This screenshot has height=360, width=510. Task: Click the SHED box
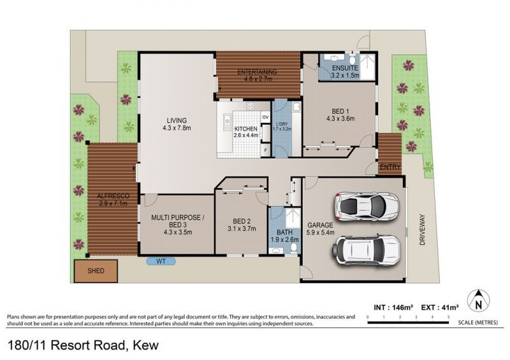pyautogui.click(x=96, y=271)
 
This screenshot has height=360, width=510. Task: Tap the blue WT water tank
pyautogui.click(x=161, y=261)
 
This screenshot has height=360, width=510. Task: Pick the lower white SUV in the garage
pyautogui.click(x=366, y=249)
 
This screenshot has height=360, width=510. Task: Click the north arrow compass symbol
pyautogui.click(x=479, y=301)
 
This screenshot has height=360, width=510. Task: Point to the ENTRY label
pyautogui.click(x=390, y=167)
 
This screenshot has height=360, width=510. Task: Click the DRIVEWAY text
pyautogui.click(x=422, y=229)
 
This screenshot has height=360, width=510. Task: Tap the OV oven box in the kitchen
pyautogui.click(x=265, y=117)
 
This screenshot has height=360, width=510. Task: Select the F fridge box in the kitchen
pyautogui.click(x=266, y=150)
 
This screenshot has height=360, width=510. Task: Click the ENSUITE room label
pyautogui.click(x=345, y=68)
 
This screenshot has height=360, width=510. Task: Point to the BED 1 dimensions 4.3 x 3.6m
pyautogui.click(x=340, y=119)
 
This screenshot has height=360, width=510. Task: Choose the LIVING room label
pyautogui.click(x=177, y=120)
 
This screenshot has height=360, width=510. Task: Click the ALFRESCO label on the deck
pyautogui.click(x=113, y=196)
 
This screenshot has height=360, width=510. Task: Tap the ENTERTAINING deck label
pyautogui.click(x=257, y=72)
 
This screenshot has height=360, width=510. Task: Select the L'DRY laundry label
pyautogui.click(x=282, y=124)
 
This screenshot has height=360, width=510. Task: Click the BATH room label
pyautogui.click(x=284, y=233)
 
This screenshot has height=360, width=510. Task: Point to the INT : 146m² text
pyautogui.click(x=393, y=307)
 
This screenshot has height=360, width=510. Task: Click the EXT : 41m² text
pyautogui.click(x=440, y=307)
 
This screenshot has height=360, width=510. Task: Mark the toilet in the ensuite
pyautogui.click(x=352, y=60)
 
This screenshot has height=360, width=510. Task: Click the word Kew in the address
pyautogui.click(x=146, y=345)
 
